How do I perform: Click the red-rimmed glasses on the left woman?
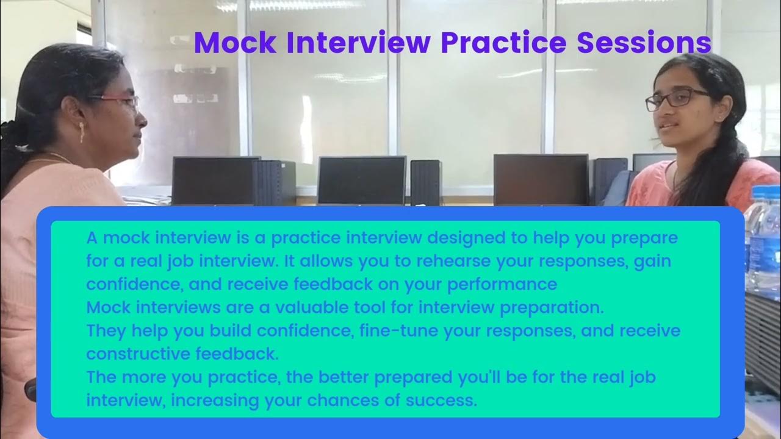coord(120,100)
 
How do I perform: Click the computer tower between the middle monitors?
coord(425,182)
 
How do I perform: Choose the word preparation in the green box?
coord(552,307)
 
